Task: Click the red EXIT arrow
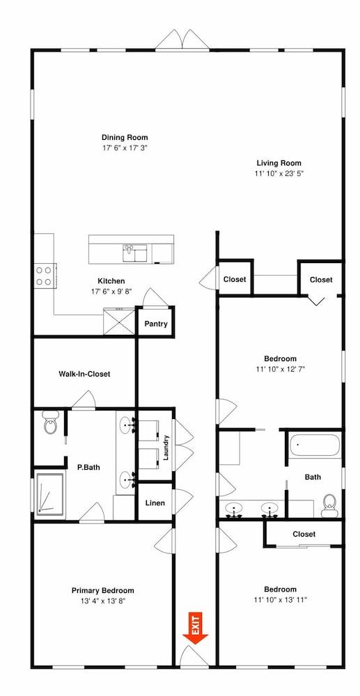(x=195, y=628)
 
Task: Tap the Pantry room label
(x=156, y=324)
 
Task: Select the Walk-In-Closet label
(x=84, y=374)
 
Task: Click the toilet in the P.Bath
(x=51, y=422)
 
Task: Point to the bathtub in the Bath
(x=315, y=445)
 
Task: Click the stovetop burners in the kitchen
(x=44, y=275)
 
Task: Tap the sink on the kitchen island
(x=134, y=253)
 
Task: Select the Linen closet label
(x=155, y=503)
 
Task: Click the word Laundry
(x=166, y=448)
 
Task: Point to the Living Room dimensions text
(x=279, y=173)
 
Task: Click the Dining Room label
(x=125, y=137)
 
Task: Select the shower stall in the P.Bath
(x=49, y=494)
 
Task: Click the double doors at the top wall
(x=182, y=39)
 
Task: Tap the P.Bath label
(x=88, y=467)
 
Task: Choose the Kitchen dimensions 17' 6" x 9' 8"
(x=111, y=292)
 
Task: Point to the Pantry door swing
(x=155, y=297)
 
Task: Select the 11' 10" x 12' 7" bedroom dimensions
(x=280, y=369)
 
